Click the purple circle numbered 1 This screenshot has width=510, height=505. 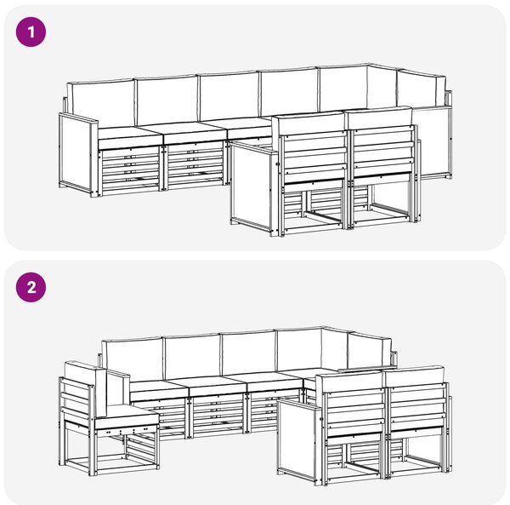pyautogui.click(x=31, y=32)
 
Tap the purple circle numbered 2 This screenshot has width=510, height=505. pyautogui.click(x=31, y=287)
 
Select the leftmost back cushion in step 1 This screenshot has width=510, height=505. pyautogui.click(x=101, y=104)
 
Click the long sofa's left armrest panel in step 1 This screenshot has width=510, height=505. pyautogui.click(x=78, y=155)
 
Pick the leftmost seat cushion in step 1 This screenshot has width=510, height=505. pyautogui.click(x=130, y=138)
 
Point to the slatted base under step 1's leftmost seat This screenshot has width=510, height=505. pyautogui.click(x=130, y=170)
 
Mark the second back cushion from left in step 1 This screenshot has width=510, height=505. pyautogui.click(x=167, y=99)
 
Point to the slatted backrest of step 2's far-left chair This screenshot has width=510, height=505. pyautogui.click(x=77, y=401)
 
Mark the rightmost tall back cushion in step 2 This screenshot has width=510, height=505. pyautogui.click(x=370, y=349)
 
